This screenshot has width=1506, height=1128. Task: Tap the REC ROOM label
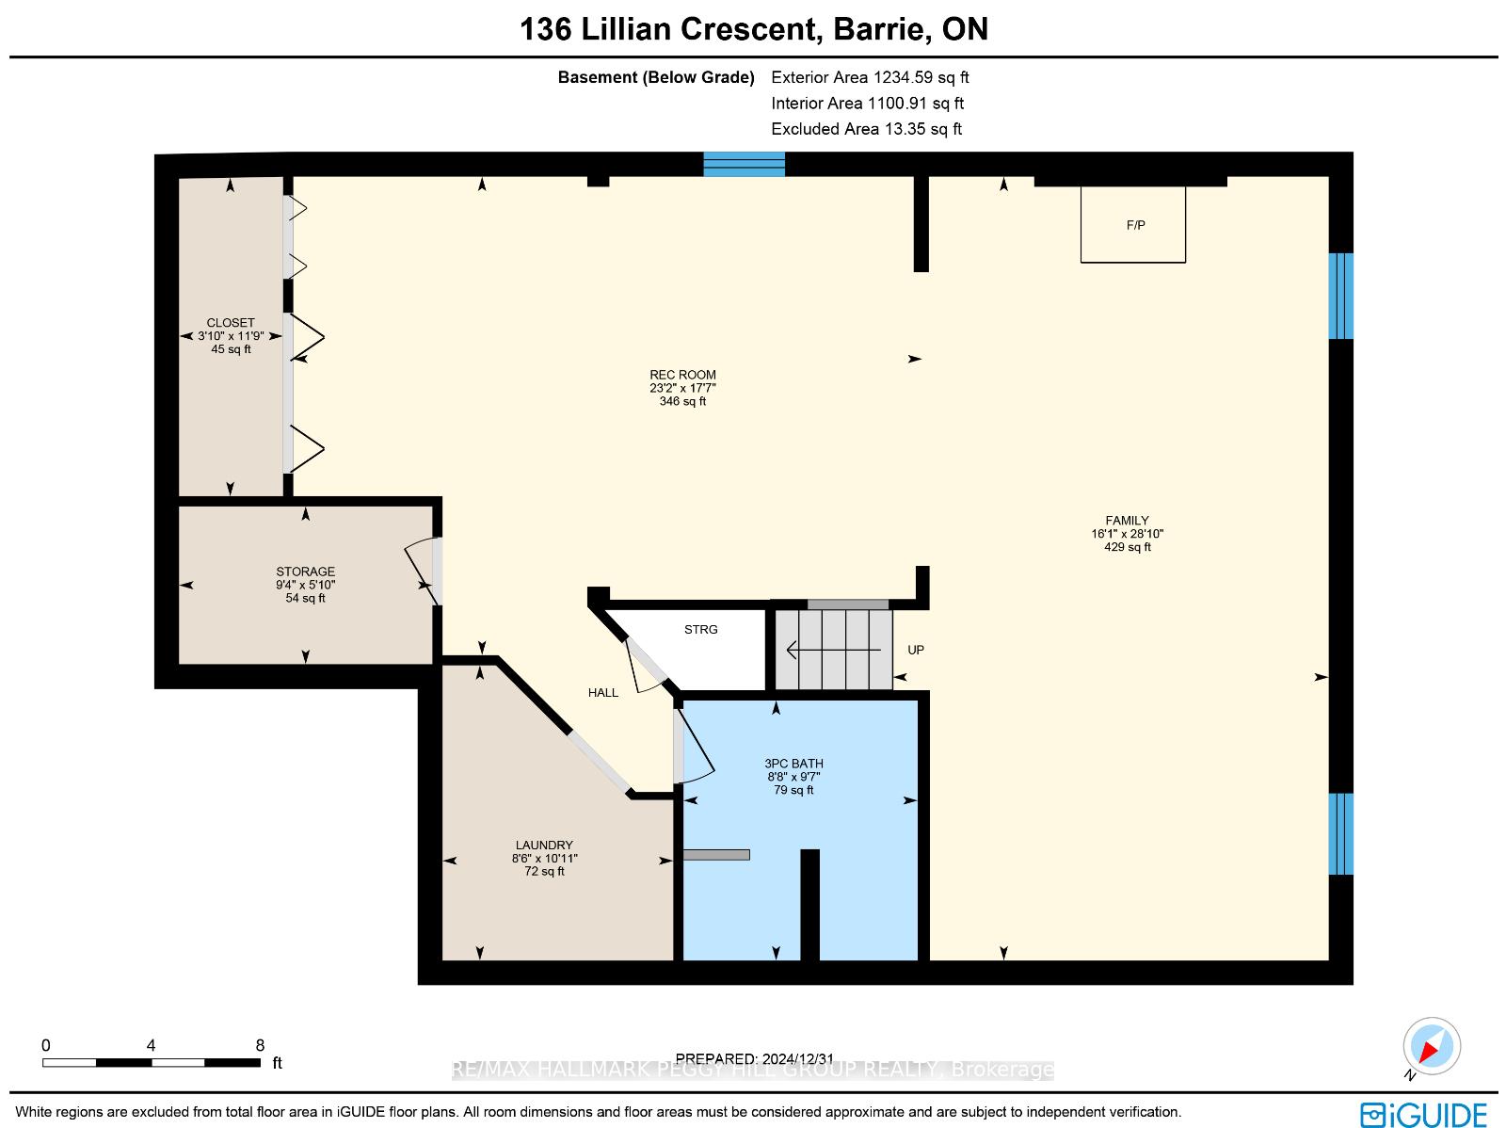click(682, 375)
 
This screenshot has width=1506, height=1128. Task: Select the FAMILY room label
click(1127, 520)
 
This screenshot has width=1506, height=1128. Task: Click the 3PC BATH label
click(793, 763)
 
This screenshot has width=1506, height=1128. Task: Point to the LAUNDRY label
click(544, 845)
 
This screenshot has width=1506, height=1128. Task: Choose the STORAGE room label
click(305, 571)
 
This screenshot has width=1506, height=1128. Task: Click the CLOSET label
click(231, 322)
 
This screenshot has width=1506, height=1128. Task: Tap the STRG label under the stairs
click(700, 629)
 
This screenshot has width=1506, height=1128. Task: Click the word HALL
click(603, 692)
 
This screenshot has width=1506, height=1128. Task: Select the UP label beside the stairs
click(915, 650)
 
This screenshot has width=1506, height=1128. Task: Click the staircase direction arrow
click(833, 649)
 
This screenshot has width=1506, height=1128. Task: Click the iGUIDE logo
click(1423, 1114)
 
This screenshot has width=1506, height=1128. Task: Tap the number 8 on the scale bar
click(260, 1045)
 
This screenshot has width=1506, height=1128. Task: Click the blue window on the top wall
click(744, 165)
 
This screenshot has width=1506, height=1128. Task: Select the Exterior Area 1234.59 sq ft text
click(870, 77)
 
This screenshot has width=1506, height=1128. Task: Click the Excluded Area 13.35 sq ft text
click(867, 129)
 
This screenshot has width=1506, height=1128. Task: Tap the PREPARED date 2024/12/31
click(755, 1058)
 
